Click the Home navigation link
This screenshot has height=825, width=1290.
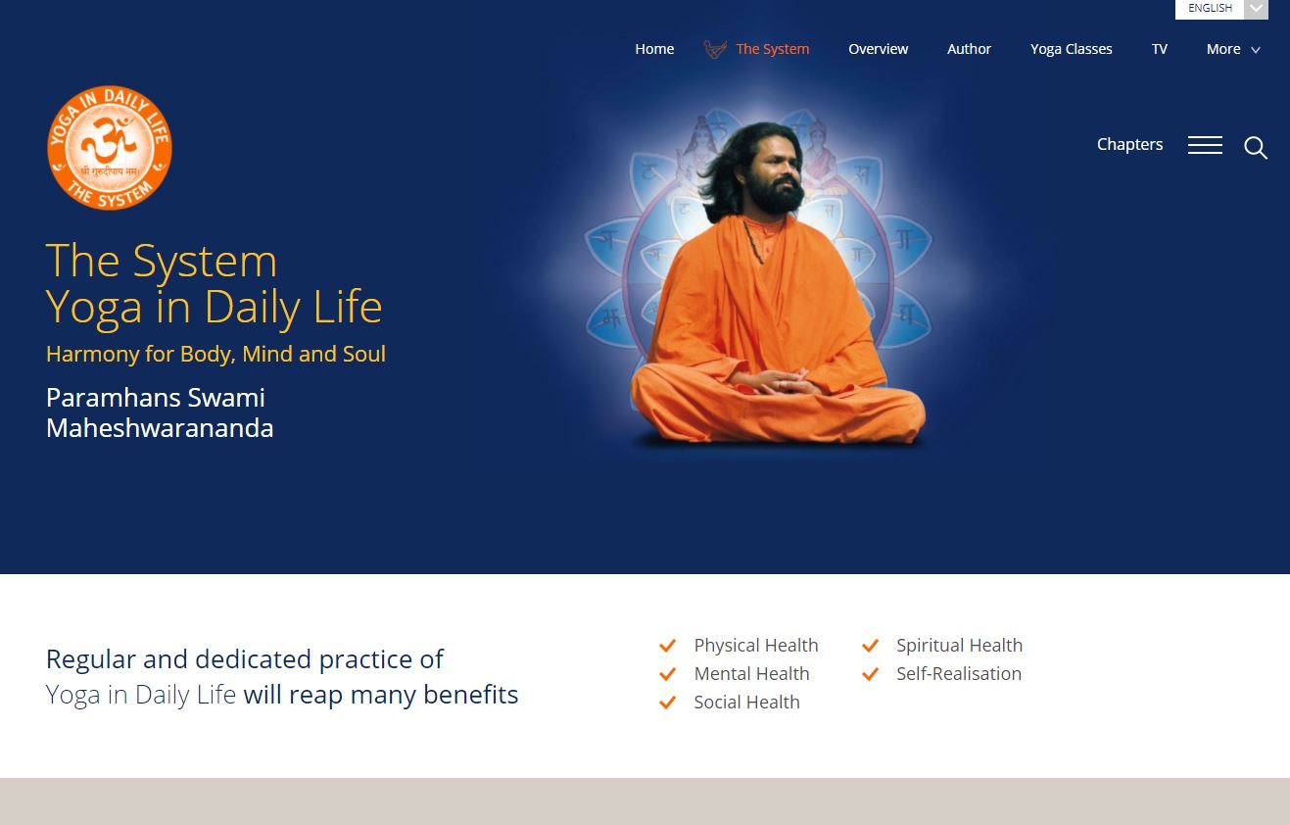tap(654, 49)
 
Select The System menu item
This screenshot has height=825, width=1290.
tap(772, 49)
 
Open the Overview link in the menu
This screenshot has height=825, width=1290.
tap(878, 49)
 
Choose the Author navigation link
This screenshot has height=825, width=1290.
tap(969, 49)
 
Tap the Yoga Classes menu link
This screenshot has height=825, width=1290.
tap(1071, 49)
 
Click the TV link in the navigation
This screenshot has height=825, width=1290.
tap(1160, 49)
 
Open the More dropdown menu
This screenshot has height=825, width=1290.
tap(1232, 49)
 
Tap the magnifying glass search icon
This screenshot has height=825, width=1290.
tap(1256, 148)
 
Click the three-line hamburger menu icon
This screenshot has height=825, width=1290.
tap(1205, 145)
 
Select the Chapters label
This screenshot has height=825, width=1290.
tap(1129, 144)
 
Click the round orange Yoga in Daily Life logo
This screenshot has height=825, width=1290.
tap(110, 148)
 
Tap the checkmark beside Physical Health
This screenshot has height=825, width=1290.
tap(668, 646)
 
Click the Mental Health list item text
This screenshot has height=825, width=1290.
tap(751, 674)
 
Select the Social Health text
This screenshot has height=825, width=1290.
tap(746, 703)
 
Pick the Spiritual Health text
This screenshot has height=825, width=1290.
tap(959, 646)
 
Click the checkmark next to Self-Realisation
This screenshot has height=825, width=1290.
tap(870, 674)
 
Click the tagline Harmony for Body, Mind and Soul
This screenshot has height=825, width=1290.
tap(215, 354)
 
